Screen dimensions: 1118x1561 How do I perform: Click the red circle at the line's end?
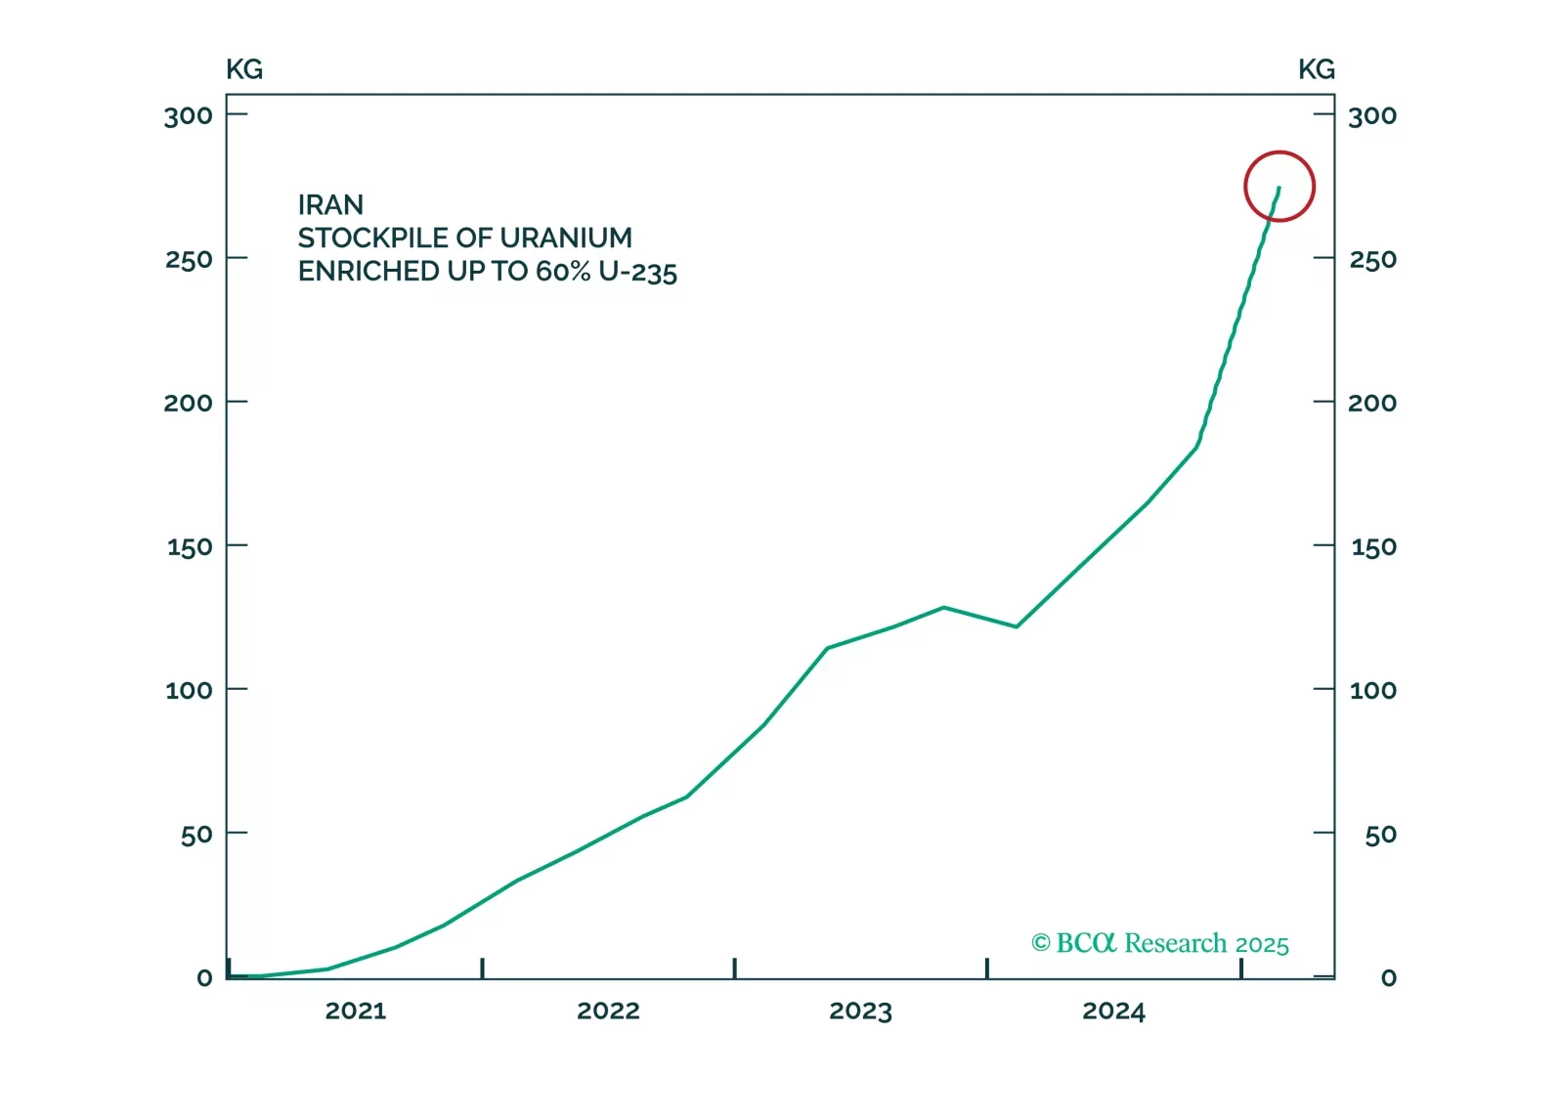(1279, 186)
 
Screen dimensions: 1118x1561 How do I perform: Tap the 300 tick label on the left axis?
(188, 116)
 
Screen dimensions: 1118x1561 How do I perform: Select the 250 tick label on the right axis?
(1372, 260)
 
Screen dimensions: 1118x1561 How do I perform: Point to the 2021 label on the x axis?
(356, 1010)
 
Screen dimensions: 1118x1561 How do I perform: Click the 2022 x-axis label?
(608, 1010)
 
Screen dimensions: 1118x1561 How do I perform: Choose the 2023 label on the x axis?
(860, 1010)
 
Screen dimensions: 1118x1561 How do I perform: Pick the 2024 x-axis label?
(1113, 1010)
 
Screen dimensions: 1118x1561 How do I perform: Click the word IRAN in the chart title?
(330, 205)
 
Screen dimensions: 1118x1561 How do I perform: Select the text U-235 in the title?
(637, 272)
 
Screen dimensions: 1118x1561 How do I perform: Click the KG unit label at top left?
(244, 69)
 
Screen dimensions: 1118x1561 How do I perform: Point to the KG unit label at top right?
(1316, 69)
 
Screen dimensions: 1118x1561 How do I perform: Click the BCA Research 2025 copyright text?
(1160, 943)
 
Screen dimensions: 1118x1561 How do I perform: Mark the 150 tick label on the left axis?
(189, 547)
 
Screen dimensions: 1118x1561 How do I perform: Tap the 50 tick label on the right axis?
(1380, 835)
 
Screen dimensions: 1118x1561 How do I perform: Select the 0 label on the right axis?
(1388, 978)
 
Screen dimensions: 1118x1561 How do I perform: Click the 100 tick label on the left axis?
(189, 691)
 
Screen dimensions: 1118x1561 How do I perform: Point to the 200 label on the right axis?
(1372, 403)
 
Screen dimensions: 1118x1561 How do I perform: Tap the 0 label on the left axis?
(204, 978)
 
